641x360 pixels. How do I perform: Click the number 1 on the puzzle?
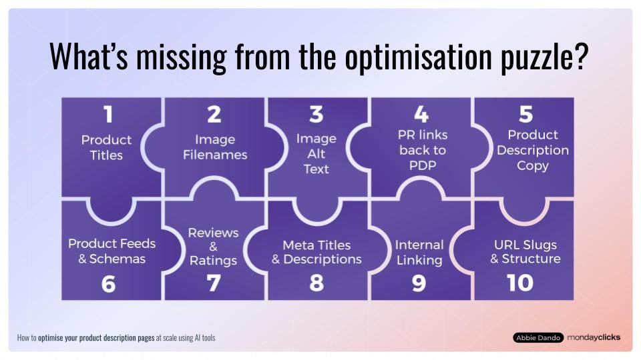pyautogui.click(x=107, y=115)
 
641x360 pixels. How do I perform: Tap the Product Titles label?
pyautogui.click(x=107, y=147)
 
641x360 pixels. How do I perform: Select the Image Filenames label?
pyautogui.click(x=214, y=147)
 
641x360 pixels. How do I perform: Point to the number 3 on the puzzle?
pyautogui.click(x=316, y=115)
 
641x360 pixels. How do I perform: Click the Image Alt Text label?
pyautogui.click(x=316, y=154)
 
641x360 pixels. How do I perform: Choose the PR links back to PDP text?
pyautogui.click(x=422, y=150)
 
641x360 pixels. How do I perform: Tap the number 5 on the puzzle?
pyautogui.click(x=525, y=115)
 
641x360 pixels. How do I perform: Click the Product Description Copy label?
pyautogui.click(x=532, y=150)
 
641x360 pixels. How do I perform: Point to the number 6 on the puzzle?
pyautogui.click(x=108, y=284)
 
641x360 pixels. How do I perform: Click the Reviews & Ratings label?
pyautogui.click(x=213, y=246)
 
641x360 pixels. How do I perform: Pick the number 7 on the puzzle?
pyautogui.click(x=213, y=284)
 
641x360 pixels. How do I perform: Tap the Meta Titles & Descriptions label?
pyautogui.click(x=316, y=252)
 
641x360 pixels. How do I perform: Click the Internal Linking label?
pyautogui.click(x=419, y=252)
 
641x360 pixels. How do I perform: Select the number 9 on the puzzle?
pyautogui.click(x=419, y=284)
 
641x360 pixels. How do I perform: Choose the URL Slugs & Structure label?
pyautogui.click(x=525, y=251)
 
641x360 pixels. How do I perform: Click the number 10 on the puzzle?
pyautogui.click(x=520, y=283)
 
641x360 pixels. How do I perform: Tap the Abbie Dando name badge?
pyautogui.click(x=538, y=338)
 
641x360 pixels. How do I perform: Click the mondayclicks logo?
pyautogui.click(x=594, y=337)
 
